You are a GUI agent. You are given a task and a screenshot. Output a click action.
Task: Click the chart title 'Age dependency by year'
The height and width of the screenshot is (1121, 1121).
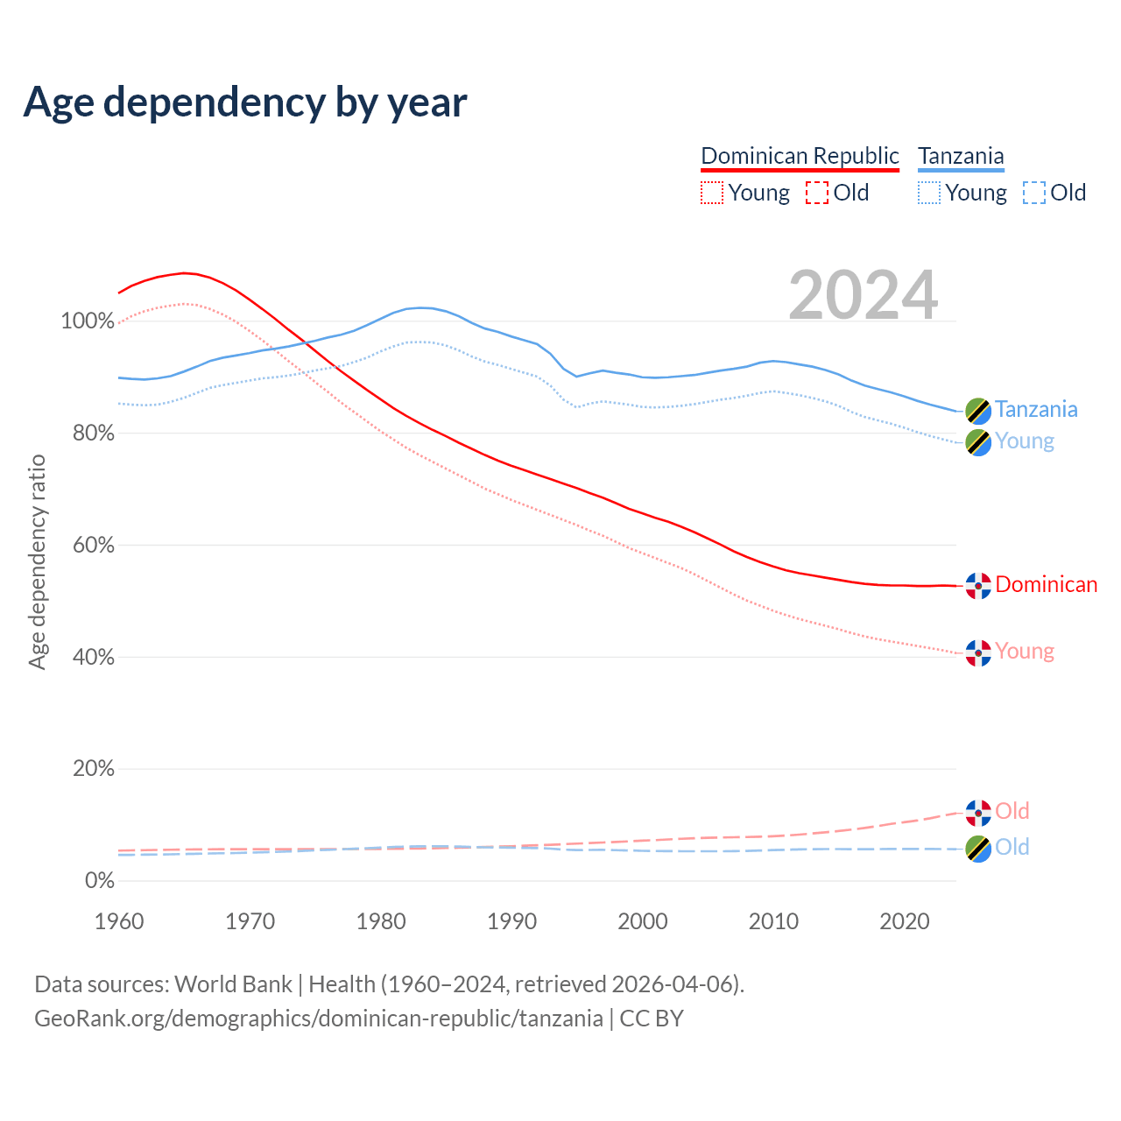245,102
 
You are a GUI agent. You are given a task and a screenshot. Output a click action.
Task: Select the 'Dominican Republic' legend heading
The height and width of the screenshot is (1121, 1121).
800,156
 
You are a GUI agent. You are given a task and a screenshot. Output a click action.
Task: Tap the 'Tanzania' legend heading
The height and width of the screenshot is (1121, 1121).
961,156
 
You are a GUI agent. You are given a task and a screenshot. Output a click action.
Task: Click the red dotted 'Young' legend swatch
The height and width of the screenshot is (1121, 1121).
712,193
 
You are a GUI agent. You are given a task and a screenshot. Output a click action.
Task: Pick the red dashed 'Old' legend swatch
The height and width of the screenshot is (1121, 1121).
817,193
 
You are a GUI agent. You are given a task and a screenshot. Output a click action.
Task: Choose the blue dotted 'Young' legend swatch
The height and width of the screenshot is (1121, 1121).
929,193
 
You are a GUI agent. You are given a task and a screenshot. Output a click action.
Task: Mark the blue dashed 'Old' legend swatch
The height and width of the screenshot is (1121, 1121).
1034,193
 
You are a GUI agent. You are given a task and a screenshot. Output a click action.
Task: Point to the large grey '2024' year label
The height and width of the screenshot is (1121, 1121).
864,295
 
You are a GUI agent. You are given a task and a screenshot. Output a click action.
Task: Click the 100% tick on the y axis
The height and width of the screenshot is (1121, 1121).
88,321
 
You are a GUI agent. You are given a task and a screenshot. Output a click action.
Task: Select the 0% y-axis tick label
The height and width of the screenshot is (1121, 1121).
100,881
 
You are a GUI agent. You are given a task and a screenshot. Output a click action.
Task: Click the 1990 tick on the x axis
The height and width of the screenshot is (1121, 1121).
512,921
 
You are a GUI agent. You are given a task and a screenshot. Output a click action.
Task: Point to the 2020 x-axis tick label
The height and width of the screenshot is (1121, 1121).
905,921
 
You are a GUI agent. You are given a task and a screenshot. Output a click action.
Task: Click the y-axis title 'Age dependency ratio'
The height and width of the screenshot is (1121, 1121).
37,561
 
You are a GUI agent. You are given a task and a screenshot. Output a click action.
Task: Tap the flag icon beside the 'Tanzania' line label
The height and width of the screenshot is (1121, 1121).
978,410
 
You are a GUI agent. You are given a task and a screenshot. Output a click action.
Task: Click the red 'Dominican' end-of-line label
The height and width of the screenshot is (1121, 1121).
1046,585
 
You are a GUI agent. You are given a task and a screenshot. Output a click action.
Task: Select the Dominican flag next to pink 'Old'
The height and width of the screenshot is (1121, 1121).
978,813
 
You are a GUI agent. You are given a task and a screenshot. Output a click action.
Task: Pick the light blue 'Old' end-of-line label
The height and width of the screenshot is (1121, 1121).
1012,848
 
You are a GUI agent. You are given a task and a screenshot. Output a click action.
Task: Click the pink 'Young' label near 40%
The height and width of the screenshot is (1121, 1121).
1025,652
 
